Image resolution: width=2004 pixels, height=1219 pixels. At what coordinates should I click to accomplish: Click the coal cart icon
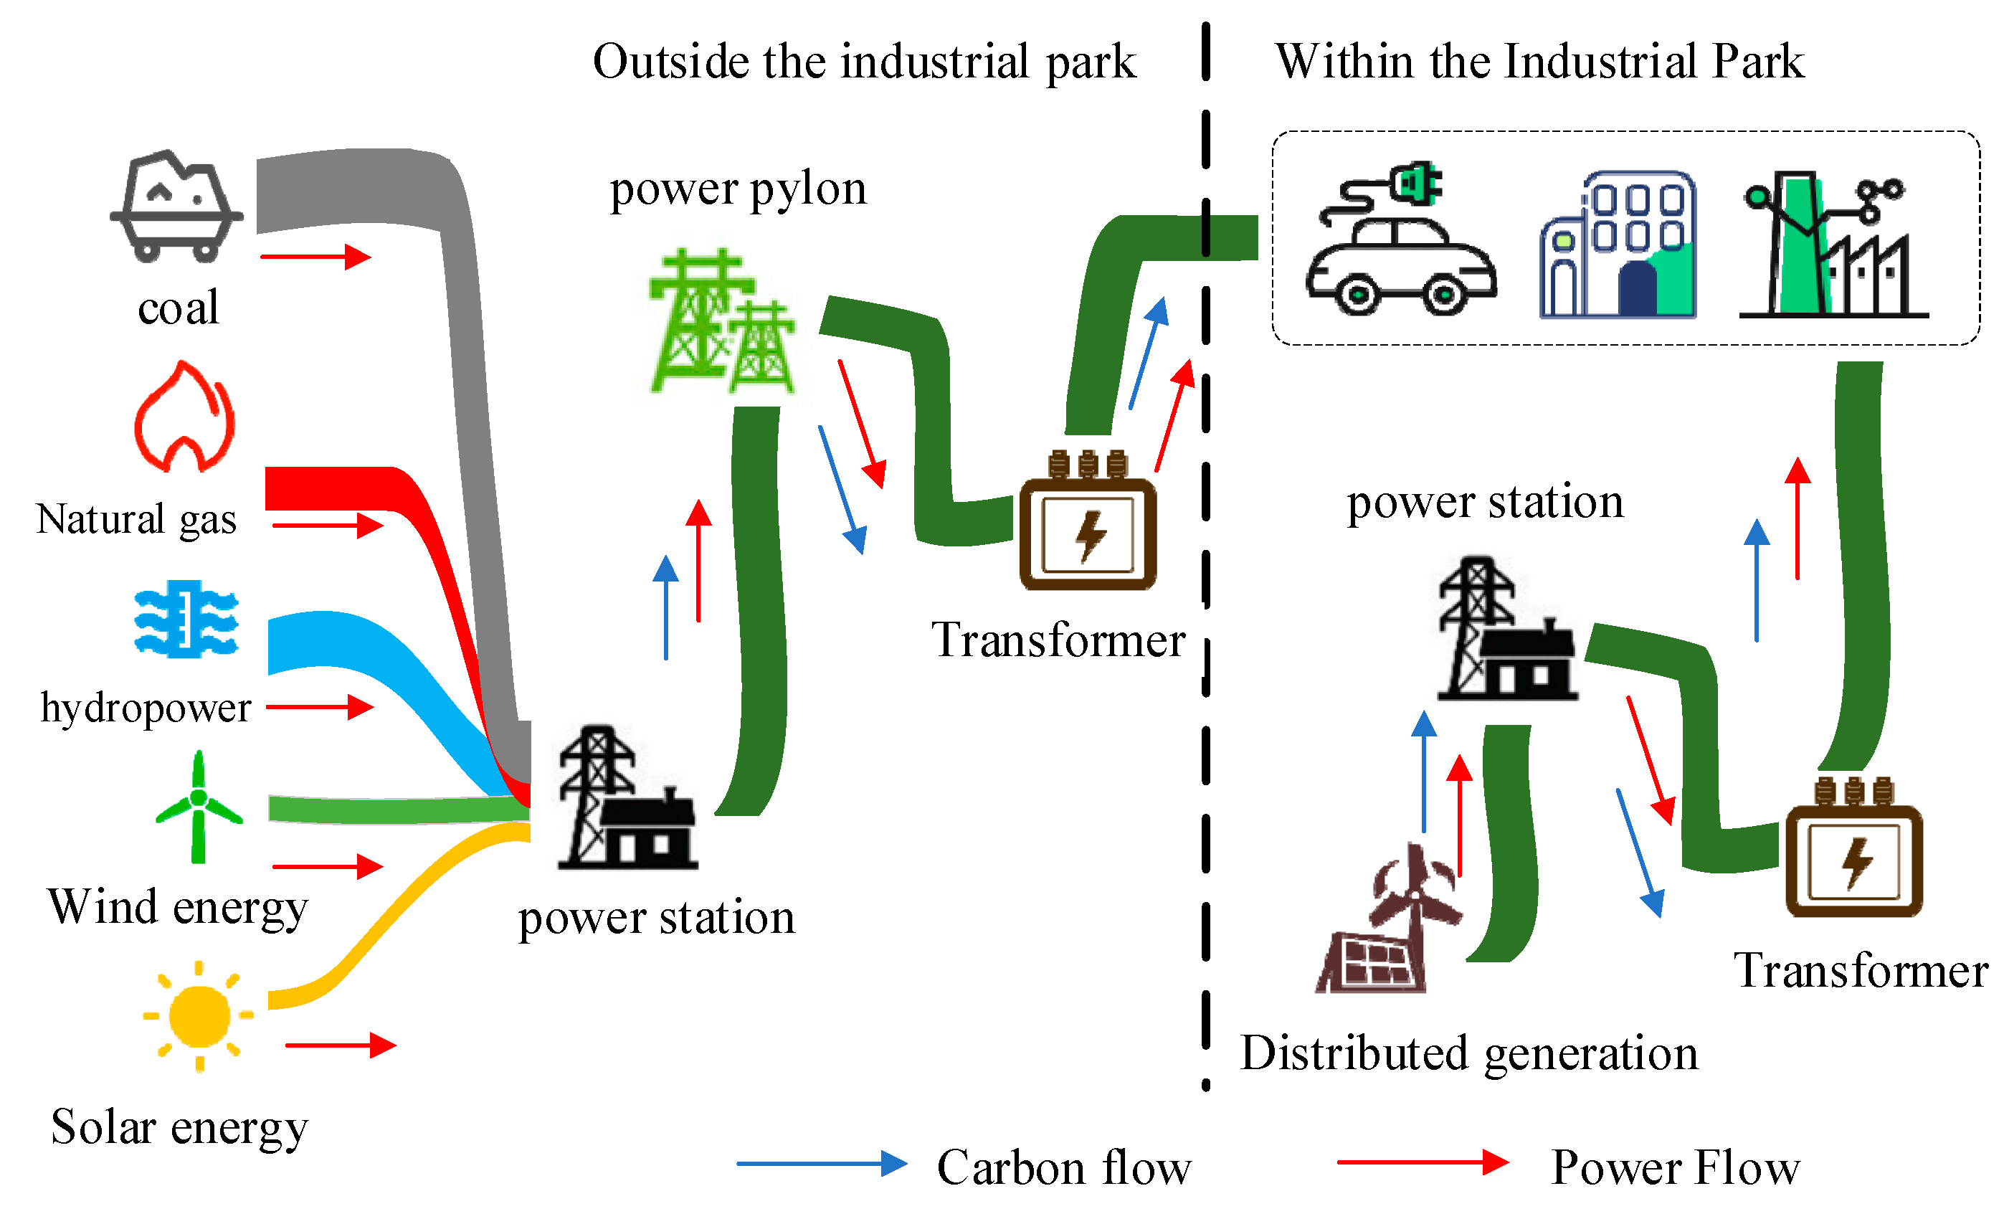[x=176, y=207]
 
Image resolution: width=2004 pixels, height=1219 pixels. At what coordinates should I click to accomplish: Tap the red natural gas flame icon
[x=184, y=418]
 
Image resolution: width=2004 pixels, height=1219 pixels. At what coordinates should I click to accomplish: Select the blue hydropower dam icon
[x=186, y=619]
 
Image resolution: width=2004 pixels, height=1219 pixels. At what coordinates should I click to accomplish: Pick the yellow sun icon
[x=199, y=1017]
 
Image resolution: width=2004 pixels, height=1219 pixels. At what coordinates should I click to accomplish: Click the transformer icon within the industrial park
[x=1853, y=849]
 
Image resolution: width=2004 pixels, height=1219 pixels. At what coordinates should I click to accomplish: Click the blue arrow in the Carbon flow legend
[x=822, y=1164]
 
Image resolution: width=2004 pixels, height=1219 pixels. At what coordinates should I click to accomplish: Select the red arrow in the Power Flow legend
[x=1423, y=1162]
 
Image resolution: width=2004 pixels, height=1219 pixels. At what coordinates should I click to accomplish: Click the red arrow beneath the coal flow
[x=315, y=257]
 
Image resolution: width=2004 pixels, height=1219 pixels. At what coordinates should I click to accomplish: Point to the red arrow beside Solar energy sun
[x=340, y=1045]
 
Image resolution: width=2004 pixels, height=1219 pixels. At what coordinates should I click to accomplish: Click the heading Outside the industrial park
[x=864, y=62]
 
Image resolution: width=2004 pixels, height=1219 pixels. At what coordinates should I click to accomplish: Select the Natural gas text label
[x=137, y=520]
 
